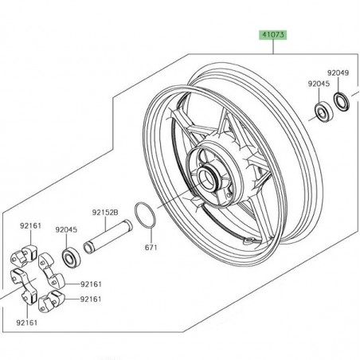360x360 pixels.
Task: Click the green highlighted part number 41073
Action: click(x=272, y=35)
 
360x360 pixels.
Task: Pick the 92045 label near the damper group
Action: click(x=68, y=229)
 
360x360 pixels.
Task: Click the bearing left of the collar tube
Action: click(x=69, y=258)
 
